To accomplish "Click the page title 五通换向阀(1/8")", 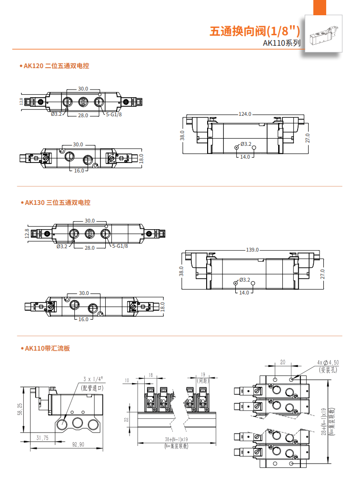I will pos(255,32).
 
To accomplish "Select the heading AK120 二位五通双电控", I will pos(56,66).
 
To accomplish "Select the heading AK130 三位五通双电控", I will pos(57,202).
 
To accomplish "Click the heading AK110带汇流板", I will pos(47,348).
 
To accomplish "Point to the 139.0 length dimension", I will pos(252,250).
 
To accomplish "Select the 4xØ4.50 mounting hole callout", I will pos(328,363).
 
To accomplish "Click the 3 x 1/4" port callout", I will pos(93,379).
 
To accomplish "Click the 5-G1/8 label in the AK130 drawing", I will pos(120,246).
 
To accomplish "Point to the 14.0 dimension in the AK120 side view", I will pos(245,157).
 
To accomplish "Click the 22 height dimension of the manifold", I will pos(127,419).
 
